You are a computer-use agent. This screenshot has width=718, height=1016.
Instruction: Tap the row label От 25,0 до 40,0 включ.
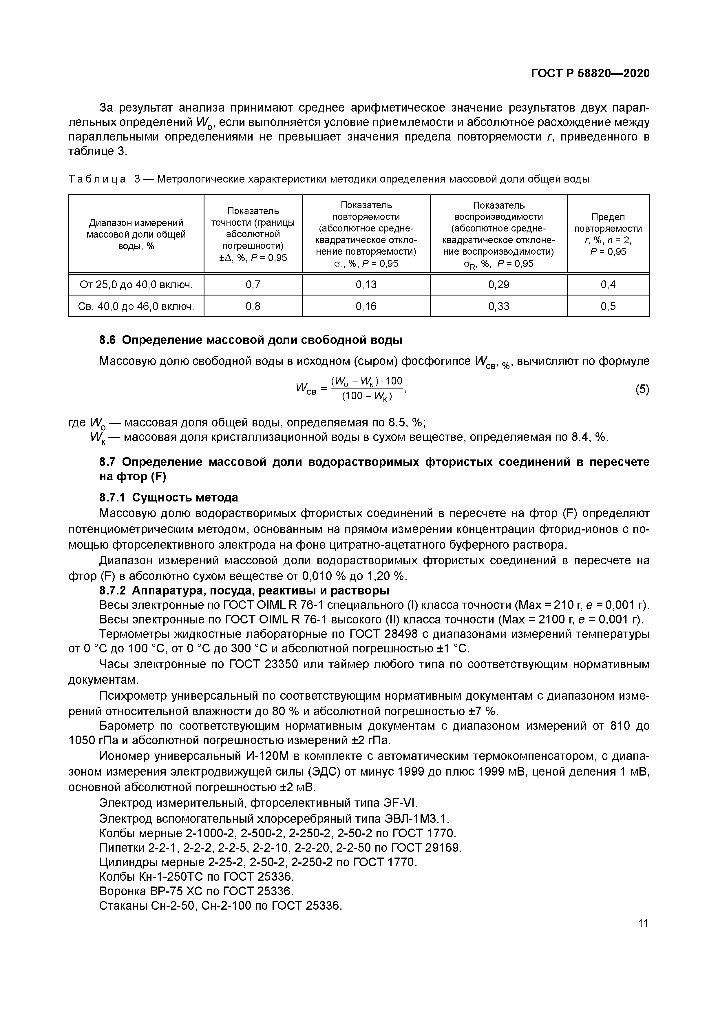(x=136, y=284)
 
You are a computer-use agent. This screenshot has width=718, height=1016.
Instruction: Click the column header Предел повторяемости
(x=608, y=234)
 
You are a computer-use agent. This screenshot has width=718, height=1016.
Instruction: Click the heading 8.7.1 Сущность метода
(x=169, y=497)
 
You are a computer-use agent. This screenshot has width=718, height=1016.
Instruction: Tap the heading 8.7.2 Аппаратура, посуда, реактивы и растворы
(x=244, y=590)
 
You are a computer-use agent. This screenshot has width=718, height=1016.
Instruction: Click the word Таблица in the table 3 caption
(x=97, y=179)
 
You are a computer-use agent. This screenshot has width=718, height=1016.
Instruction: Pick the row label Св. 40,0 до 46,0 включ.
(x=136, y=306)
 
